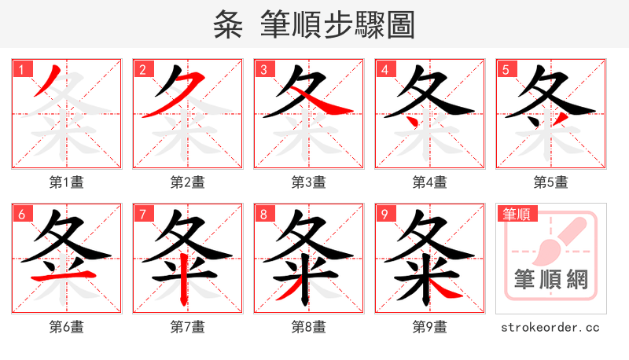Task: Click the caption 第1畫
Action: point(67,182)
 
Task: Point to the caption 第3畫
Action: point(309,182)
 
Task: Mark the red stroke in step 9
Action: point(445,290)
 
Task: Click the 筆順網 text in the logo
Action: point(551,279)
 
